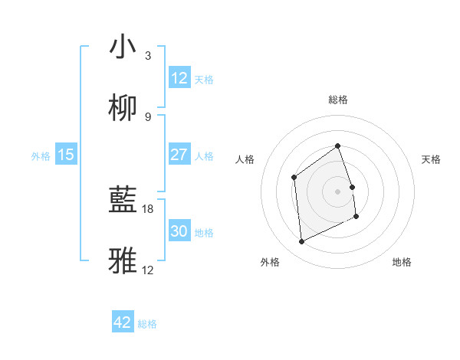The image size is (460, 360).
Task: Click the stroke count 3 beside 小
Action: tap(148, 56)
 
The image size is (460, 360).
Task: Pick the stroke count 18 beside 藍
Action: tap(149, 208)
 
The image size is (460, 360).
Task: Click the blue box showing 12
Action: tap(179, 78)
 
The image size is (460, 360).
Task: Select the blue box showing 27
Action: tap(179, 155)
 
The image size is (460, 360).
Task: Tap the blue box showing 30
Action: tap(179, 231)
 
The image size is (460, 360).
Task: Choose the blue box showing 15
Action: tap(66, 155)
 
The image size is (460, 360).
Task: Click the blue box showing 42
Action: tap(123, 322)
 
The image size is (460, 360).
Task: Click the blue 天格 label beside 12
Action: tap(204, 80)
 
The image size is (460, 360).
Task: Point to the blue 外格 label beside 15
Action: tap(41, 156)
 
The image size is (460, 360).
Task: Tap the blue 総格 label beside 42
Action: tap(147, 324)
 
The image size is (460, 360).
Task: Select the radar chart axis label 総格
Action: tap(337, 100)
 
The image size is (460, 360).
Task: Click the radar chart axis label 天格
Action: tap(432, 159)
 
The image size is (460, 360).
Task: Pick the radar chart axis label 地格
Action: tap(402, 262)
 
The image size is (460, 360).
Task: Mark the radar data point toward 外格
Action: tap(301, 242)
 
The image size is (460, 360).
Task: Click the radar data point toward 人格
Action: tap(294, 178)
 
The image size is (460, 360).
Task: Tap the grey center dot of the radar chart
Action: tap(337, 191)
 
